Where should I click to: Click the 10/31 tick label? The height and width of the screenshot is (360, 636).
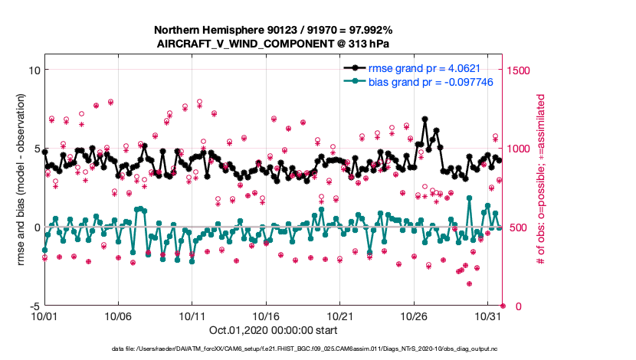pos(488,316)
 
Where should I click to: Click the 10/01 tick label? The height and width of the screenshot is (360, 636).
pos(44,316)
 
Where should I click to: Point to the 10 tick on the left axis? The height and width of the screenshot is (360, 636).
pos(33,70)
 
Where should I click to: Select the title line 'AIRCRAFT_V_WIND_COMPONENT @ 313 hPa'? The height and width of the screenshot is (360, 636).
pos(274,43)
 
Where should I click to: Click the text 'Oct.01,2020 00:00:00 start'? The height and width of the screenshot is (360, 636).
pos(273,330)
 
